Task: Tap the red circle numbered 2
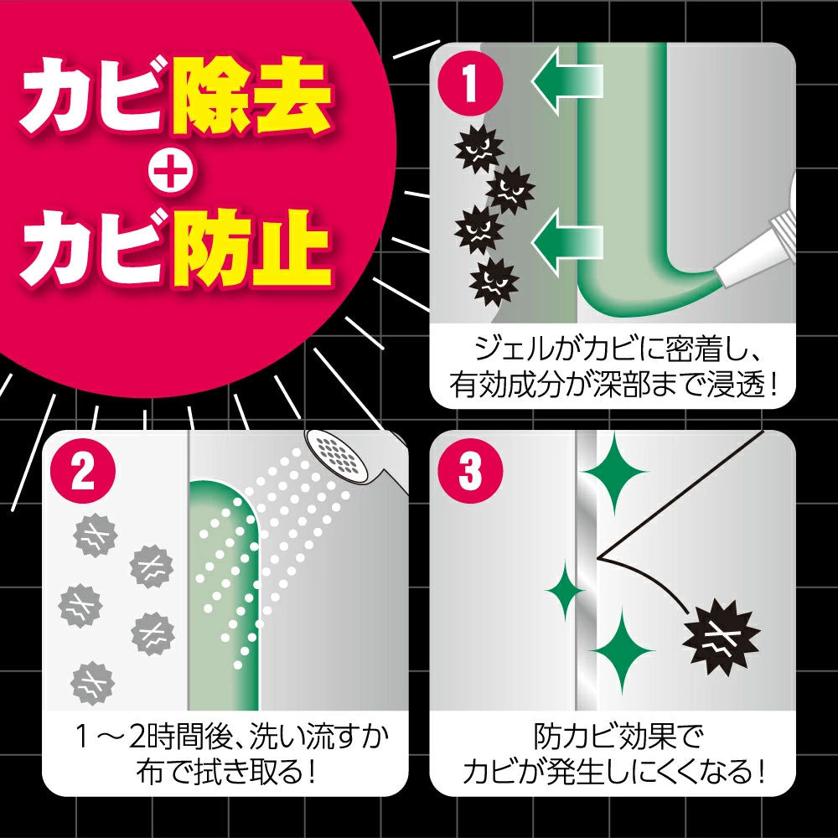[x=83, y=471]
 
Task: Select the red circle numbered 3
[x=470, y=471]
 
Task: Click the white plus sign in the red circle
[x=169, y=171]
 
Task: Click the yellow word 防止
[x=251, y=247]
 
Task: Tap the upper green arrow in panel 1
[x=566, y=80]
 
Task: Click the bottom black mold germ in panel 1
[x=494, y=282]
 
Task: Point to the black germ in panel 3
[x=721, y=637]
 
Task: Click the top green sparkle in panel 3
[x=614, y=473]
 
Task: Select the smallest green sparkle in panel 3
[x=566, y=590]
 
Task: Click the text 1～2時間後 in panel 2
[x=156, y=738]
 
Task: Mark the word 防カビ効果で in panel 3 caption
[x=613, y=737]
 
